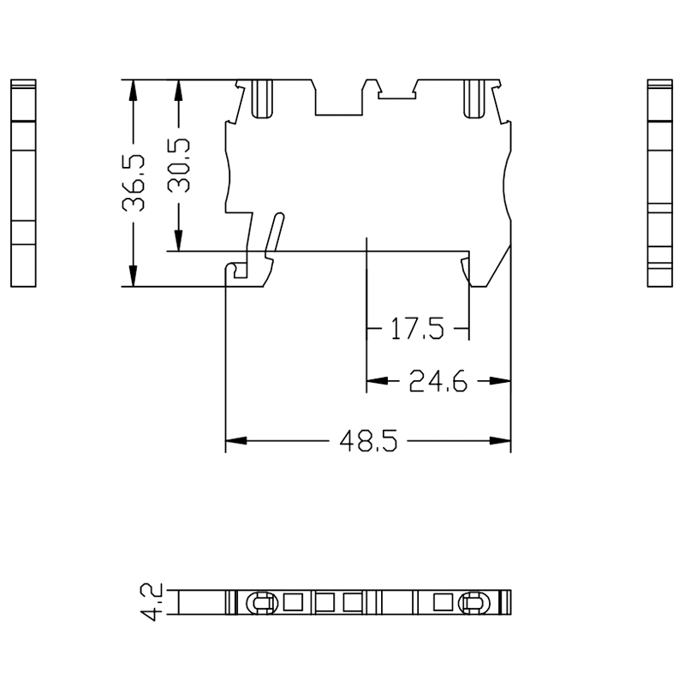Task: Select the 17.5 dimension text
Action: (x=417, y=329)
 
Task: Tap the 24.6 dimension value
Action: (x=438, y=381)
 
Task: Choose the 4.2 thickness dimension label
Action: (x=152, y=602)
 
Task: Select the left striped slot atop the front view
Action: (x=263, y=99)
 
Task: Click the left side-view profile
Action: (x=23, y=183)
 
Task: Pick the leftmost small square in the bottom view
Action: (x=293, y=602)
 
